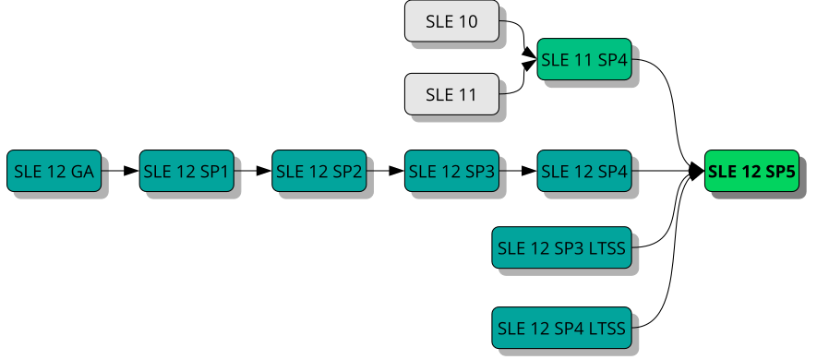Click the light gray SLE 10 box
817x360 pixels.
tap(451, 21)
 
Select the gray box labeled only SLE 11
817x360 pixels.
tap(451, 94)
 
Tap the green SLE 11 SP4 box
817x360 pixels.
tap(584, 60)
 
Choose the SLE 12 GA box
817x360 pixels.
tap(54, 171)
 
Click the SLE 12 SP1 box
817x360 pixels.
tap(186, 171)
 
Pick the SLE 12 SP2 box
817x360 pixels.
tap(318, 171)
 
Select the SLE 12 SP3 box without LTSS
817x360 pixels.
tap(451, 171)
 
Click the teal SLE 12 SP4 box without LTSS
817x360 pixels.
tap(584, 171)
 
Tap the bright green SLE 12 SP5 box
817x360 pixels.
tap(751, 171)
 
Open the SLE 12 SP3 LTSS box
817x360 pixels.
tap(561, 247)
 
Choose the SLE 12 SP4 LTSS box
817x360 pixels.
tap(561, 328)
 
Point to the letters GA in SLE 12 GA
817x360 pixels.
tap(82, 171)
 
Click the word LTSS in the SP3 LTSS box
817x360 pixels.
tap(607, 247)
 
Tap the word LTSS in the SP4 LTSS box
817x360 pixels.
tap(607, 328)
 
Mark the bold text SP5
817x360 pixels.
tap(779, 171)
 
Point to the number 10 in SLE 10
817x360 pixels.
tap(468, 21)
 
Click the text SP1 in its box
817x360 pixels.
tap(214, 171)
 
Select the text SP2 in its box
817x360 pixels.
tap(347, 171)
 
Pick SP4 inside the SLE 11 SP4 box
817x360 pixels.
tap(612, 60)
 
